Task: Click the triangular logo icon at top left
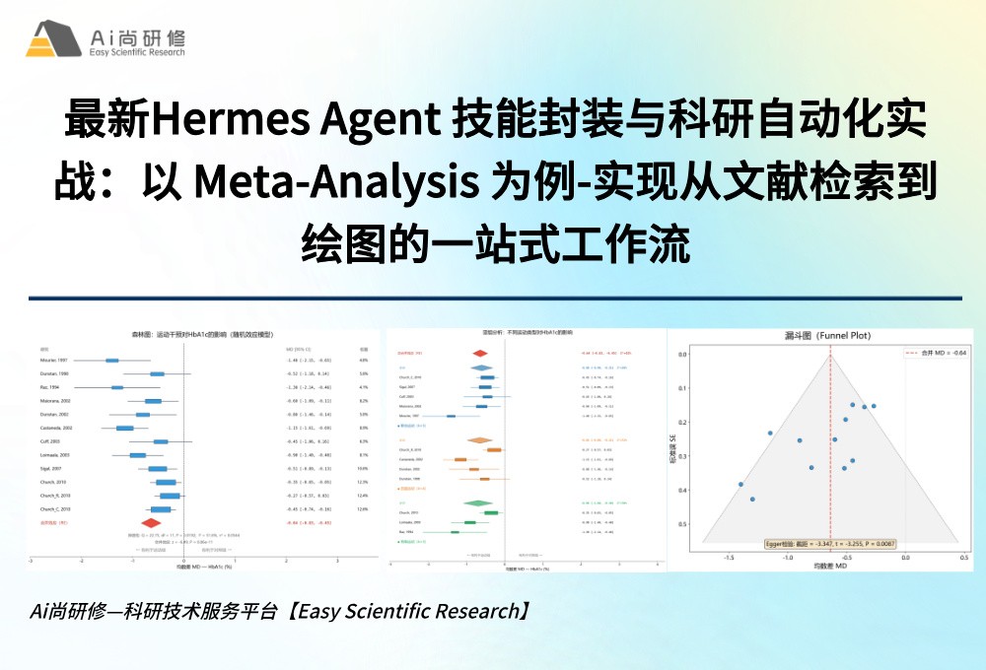[53, 38]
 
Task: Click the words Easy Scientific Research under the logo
[136, 52]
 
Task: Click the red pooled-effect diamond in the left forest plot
[151, 523]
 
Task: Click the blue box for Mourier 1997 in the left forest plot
[112, 361]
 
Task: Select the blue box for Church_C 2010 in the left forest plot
[161, 509]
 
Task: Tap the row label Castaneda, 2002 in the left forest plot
[55, 429]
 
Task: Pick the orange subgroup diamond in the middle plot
[480, 440]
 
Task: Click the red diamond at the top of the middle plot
[480, 353]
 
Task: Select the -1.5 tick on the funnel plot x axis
[729, 558]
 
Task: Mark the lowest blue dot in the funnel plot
[752, 499]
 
